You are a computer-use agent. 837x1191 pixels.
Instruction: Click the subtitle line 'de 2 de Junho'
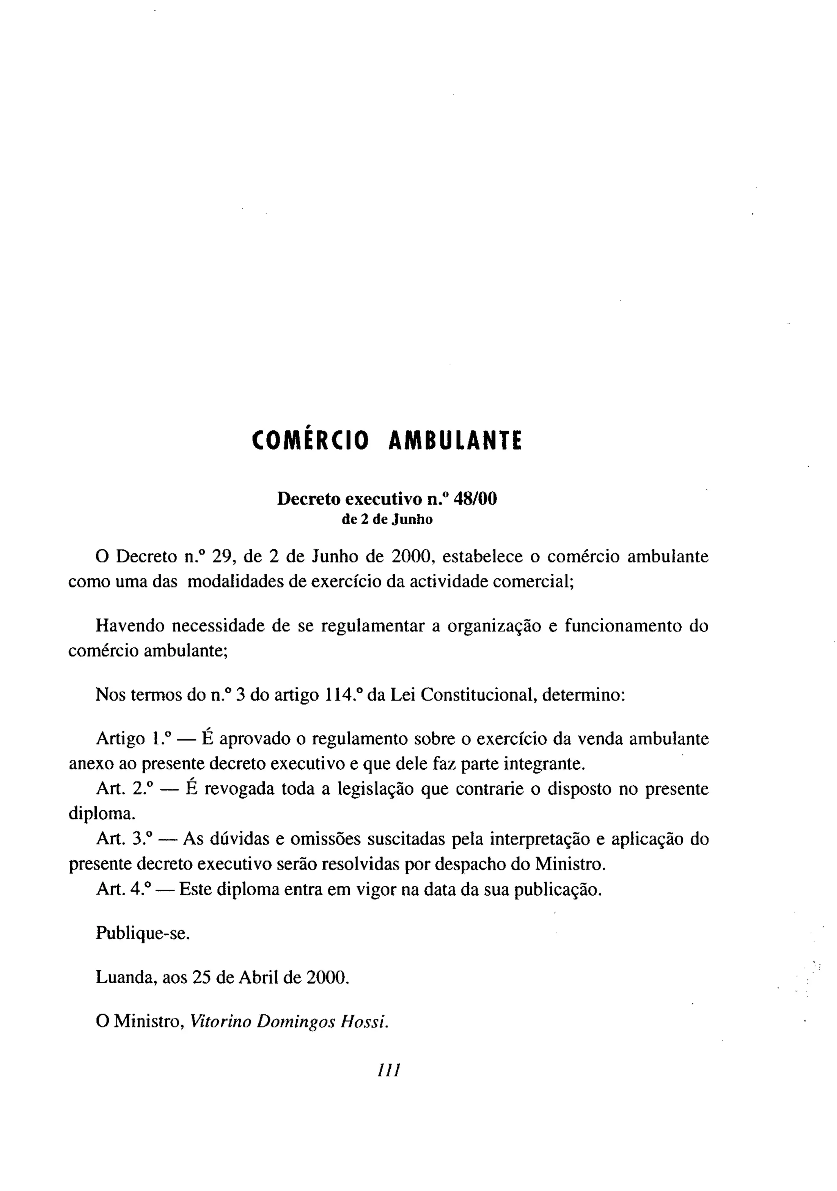[x=387, y=520]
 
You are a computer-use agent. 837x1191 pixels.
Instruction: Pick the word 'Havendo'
[x=130, y=626]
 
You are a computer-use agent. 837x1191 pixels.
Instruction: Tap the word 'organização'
[x=495, y=627]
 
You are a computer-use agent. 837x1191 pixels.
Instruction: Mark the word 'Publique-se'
[x=143, y=934]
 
